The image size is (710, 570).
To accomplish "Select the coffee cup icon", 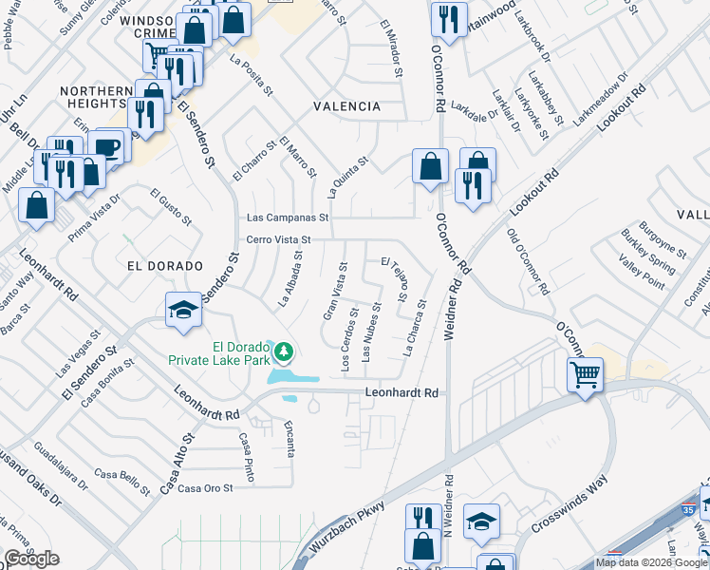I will point(108,146).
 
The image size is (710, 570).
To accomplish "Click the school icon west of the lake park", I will point(183,311).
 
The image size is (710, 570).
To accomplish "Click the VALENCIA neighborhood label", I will point(348,107).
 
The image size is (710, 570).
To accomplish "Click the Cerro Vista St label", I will point(279,239).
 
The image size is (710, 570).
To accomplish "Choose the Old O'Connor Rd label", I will point(529,260).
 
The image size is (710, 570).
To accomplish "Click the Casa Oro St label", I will point(206,488).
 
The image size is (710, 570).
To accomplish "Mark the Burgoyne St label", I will point(663,238).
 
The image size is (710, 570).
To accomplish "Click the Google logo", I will point(31,559).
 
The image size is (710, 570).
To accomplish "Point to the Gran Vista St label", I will point(333,294).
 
